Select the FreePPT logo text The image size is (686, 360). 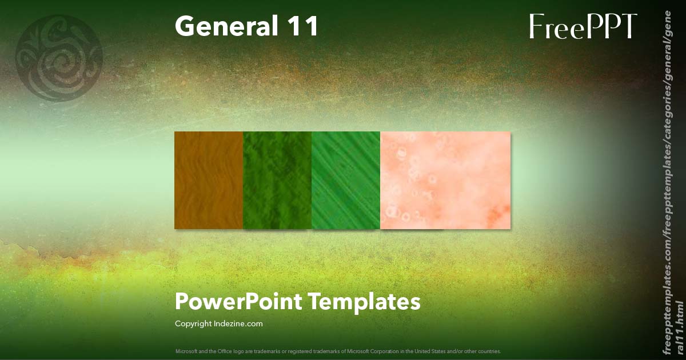[x=583, y=27]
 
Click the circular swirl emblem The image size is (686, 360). [x=59, y=58]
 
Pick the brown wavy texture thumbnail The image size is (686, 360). [x=209, y=180]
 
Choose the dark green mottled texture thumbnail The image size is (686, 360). [x=277, y=180]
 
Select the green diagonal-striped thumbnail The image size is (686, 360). [x=346, y=180]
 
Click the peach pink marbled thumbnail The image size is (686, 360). [x=445, y=180]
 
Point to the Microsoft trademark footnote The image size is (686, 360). [x=338, y=351]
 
